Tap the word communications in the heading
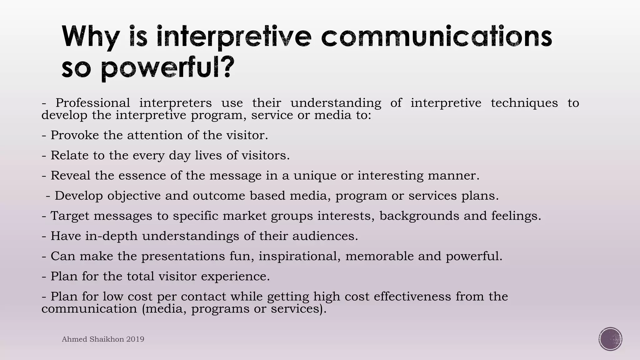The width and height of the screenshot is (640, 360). point(436,37)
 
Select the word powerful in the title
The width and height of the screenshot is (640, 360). point(167,68)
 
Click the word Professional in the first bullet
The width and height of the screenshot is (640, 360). point(92,102)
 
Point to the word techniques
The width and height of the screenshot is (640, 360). point(524,102)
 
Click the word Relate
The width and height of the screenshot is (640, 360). point(69,155)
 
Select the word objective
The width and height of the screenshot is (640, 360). point(134,196)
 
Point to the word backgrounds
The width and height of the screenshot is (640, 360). point(419,216)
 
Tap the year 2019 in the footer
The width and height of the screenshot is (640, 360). point(135,339)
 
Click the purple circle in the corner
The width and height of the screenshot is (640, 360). point(610,339)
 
